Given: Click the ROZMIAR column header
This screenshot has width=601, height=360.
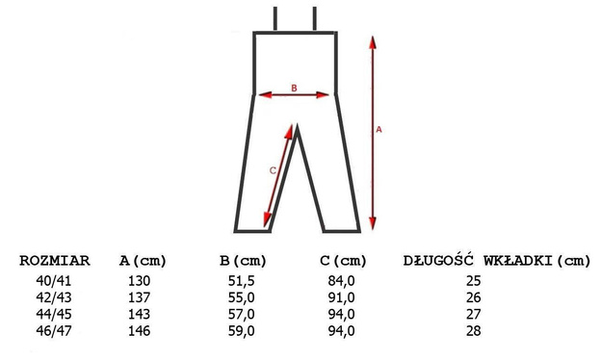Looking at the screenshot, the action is tap(55, 261).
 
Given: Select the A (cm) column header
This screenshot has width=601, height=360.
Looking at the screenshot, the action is tap(143, 261).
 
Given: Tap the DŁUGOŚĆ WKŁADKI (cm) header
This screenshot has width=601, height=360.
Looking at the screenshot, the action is tap(497, 261).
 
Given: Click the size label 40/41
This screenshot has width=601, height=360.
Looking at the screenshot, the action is tap(54, 281).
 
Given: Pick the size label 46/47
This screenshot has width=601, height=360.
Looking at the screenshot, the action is tap(54, 330).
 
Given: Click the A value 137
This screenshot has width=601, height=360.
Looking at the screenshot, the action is tap(139, 297).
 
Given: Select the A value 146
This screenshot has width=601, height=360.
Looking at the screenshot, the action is tap(139, 330).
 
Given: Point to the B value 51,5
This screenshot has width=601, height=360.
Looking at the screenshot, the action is tap(242, 281).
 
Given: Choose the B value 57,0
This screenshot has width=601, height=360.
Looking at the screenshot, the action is tap(242, 314).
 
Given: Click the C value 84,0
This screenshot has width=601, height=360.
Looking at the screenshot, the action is tap(342, 281).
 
